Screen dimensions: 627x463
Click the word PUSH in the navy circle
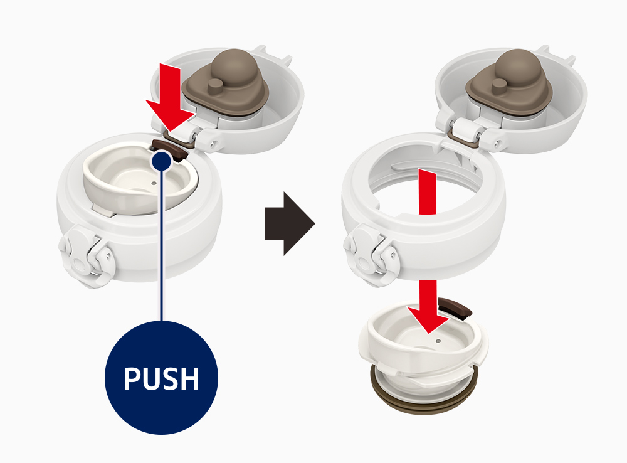(161, 378)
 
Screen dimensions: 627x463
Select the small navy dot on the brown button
(162, 161)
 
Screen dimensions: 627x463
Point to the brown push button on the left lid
(169, 149)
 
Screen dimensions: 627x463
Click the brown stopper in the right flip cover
(509, 83)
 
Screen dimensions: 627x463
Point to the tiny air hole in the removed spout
(438, 341)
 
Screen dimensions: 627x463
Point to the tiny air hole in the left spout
(154, 183)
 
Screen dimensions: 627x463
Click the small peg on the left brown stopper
(216, 87)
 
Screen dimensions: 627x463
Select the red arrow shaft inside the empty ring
(427, 192)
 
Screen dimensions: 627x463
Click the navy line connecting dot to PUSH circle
(162, 245)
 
